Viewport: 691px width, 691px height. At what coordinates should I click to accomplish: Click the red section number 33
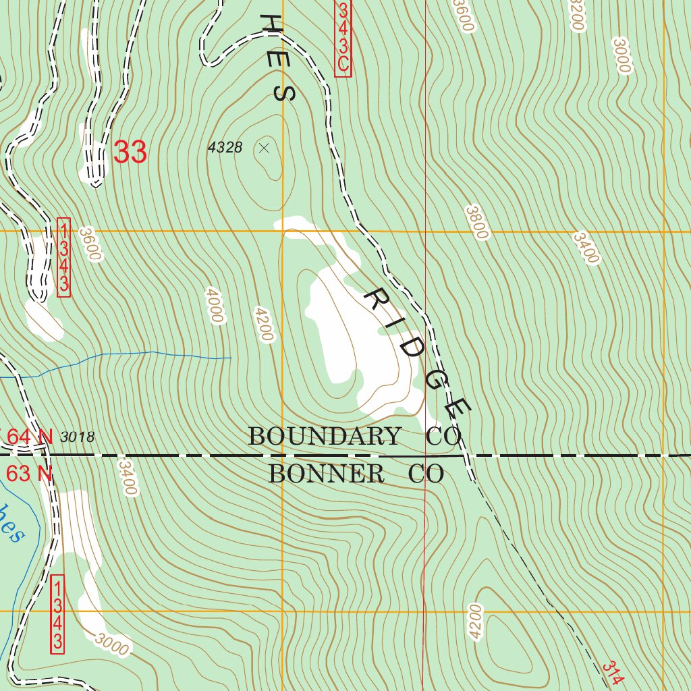[130, 153]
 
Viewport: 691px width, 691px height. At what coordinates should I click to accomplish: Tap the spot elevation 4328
[225, 148]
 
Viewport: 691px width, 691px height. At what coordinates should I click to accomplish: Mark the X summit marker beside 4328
[264, 148]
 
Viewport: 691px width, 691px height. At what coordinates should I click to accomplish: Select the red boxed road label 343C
[343, 37]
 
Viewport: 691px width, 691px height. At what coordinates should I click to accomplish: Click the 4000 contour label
[215, 306]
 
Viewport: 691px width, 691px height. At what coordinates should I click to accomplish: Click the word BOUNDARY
[324, 437]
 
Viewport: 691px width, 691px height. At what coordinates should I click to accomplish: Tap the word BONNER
[327, 474]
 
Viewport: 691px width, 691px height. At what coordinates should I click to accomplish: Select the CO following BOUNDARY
[443, 437]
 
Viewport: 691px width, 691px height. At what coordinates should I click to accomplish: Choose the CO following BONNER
[426, 474]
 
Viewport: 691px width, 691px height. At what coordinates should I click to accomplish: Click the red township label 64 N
[29, 437]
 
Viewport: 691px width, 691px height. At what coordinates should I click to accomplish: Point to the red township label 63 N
[29, 474]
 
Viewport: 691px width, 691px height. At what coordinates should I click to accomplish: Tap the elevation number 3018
[77, 437]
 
